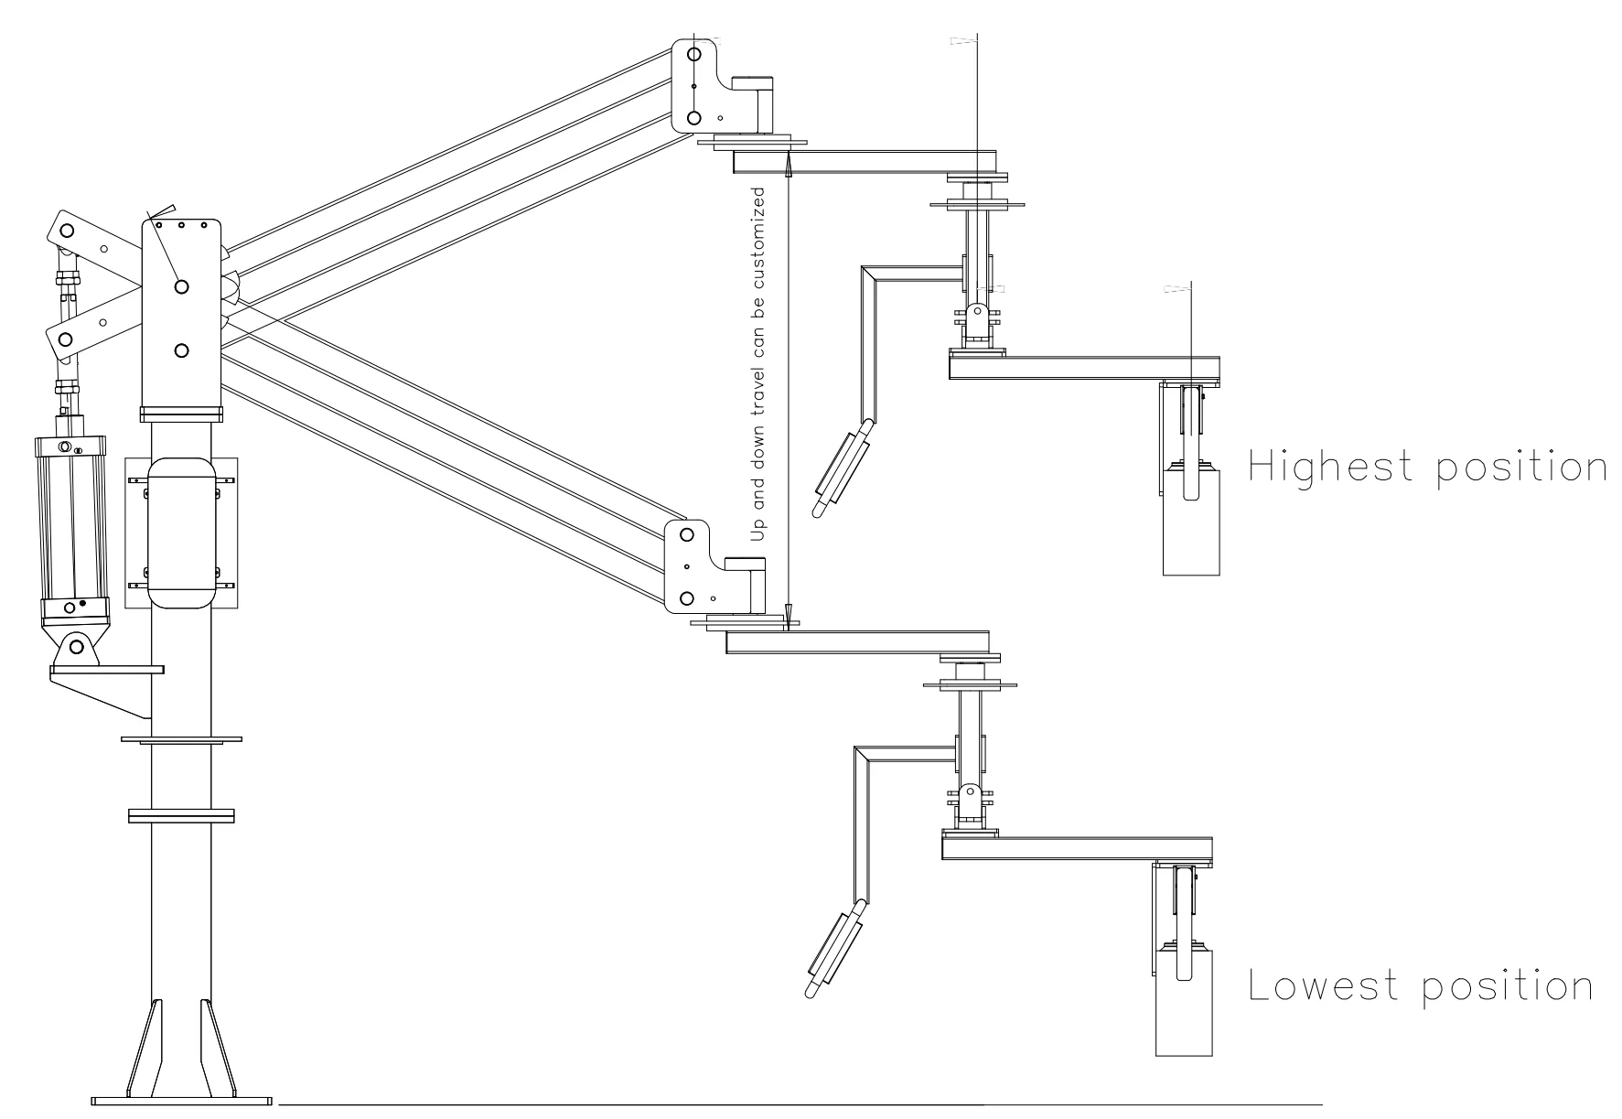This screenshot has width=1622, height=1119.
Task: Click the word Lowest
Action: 1324,985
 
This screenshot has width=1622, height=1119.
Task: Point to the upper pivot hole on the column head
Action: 181,286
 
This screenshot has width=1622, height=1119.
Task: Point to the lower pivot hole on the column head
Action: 181,350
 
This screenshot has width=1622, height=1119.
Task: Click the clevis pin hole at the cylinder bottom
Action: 76,647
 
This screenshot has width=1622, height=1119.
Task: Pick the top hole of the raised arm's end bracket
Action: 693,54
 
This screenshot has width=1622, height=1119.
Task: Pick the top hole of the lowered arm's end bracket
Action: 687,534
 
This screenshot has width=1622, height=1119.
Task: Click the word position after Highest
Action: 1519,468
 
